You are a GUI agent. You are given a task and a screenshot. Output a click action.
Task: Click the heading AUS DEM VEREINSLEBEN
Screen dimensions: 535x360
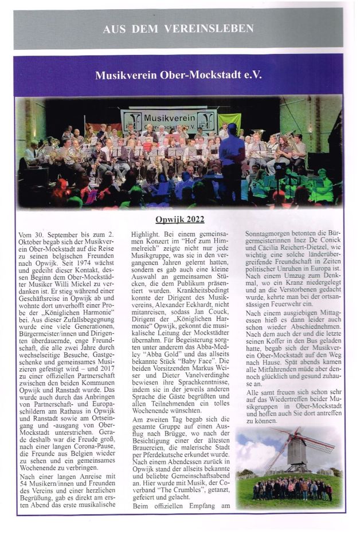pos(178,29)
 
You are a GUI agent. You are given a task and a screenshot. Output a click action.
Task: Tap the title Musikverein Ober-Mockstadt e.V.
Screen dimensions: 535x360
pos(178,75)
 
